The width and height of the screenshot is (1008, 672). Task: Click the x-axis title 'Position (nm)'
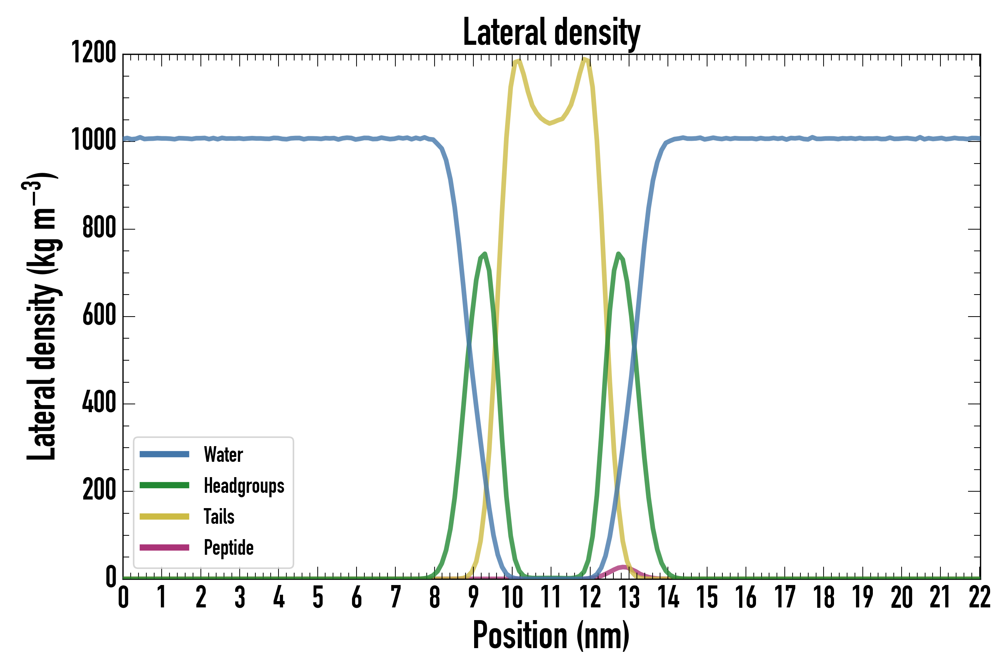pos(551,635)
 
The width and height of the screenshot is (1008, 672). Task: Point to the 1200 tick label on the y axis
pos(93,53)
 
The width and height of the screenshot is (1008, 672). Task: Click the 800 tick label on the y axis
pos(99,228)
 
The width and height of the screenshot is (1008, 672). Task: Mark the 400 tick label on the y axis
pos(99,403)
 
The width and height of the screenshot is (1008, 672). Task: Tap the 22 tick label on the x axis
pos(980,597)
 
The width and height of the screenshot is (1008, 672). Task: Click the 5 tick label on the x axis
pos(318,597)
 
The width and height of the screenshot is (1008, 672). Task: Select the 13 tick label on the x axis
pos(629,597)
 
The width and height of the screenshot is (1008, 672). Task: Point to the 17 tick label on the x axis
pos(785,597)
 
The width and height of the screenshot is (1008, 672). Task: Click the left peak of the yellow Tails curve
pos(517,61)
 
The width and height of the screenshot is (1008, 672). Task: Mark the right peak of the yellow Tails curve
pos(585,59)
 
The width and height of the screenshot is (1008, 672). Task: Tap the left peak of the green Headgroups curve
pos(484,254)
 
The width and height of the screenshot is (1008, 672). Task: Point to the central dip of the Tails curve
pos(550,123)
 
